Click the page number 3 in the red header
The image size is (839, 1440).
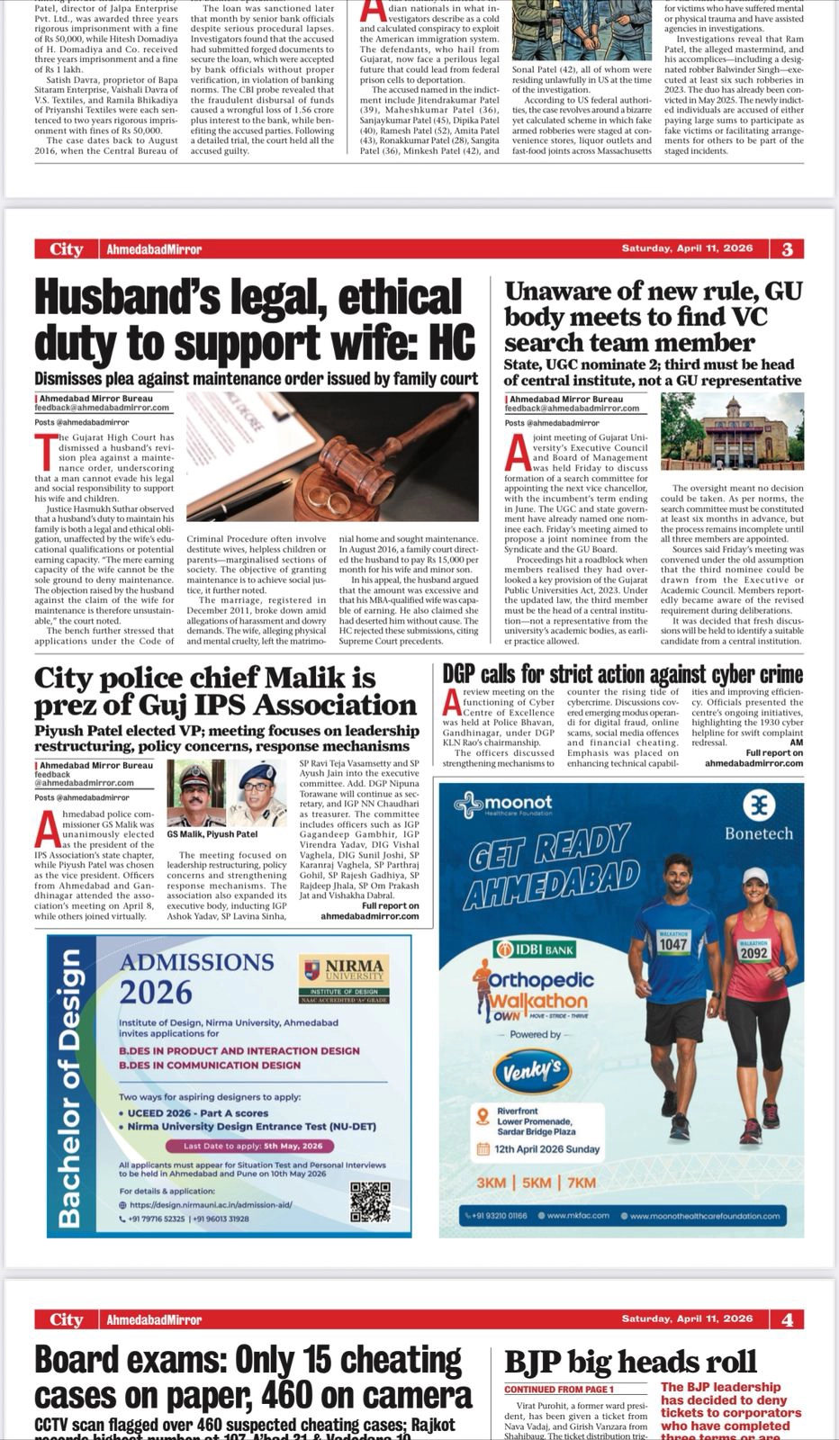coord(788,249)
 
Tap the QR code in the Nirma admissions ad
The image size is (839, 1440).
coord(370,1201)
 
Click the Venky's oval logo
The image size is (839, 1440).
coord(532,1068)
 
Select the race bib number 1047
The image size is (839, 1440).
coord(673,944)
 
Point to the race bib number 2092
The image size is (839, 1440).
coord(753,952)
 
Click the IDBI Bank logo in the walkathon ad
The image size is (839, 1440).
coord(536,949)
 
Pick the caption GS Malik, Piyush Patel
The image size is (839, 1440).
coord(212,834)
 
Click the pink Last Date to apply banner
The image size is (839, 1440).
coord(249,1146)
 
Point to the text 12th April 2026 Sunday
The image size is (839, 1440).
coord(538,1148)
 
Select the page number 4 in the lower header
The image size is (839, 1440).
coord(788,1319)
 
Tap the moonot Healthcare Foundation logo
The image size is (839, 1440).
coord(504,804)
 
